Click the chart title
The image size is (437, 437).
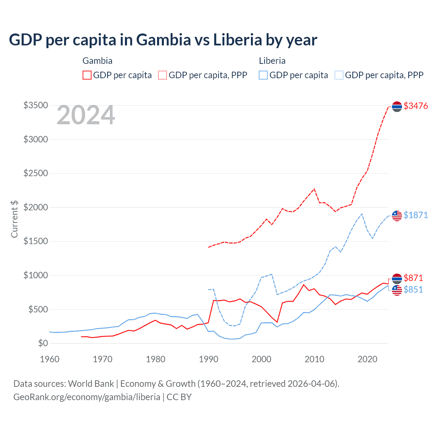click(163, 40)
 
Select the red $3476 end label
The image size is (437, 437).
click(415, 106)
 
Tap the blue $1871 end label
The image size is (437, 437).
click(415, 215)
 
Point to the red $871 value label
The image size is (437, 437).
click(413, 278)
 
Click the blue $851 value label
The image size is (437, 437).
click(413, 290)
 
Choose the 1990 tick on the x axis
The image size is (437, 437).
click(209, 360)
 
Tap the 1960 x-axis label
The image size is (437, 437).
click(50, 360)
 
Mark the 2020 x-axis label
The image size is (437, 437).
click(367, 360)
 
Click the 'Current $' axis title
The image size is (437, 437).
click(14, 219)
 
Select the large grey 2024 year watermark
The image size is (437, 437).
click(86, 115)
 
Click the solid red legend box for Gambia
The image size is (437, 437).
click(87, 75)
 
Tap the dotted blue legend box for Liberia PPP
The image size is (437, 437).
click(339, 75)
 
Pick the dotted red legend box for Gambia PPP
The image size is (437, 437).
click(163, 75)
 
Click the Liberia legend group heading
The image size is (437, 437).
click(272, 61)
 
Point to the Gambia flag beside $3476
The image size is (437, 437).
click(397, 107)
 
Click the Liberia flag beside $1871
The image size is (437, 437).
click(397, 216)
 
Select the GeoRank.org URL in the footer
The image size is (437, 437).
click(87, 397)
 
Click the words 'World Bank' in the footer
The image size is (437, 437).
click(91, 384)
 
